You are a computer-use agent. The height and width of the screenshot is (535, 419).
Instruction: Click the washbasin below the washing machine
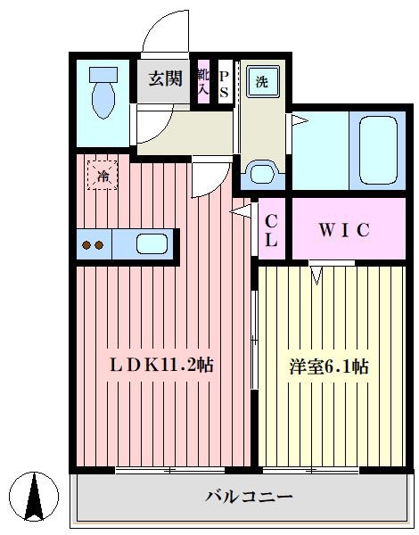[x=260, y=170]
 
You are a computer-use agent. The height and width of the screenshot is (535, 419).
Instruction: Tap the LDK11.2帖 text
[x=160, y=365]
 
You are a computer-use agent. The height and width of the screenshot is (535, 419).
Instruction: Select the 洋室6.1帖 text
[x=330, y=366]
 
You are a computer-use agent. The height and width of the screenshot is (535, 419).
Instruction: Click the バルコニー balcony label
[x=249, y=496]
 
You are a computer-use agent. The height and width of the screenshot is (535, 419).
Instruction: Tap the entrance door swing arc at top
[x=165, y=31]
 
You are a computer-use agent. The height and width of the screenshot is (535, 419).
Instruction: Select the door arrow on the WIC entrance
[x=316, y=274]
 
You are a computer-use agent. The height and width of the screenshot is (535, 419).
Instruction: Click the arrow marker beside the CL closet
[x=239, y=211]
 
